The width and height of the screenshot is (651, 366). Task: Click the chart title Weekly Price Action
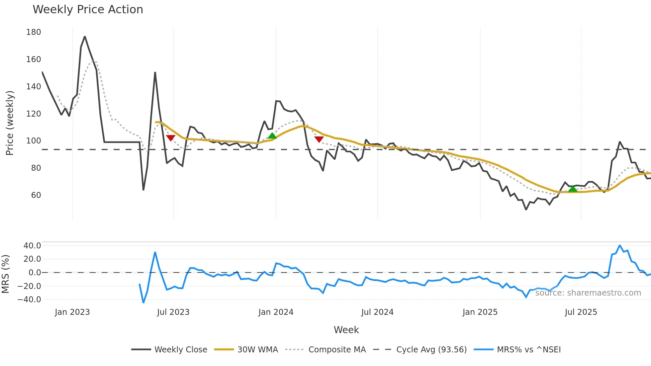pyautogui.click(x=88, y=10)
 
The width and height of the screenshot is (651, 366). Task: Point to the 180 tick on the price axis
pyautogui.click(x=34, y=32)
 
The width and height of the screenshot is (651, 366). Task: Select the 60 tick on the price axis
pyautogui.click(x=36, y=195)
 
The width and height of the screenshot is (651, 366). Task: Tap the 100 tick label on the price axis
pyautogui.click(x=34, y=141)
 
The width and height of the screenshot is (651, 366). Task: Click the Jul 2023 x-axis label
pyautogui.click(x=173, y=312)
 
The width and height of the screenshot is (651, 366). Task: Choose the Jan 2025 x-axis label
pyautogui.click(x=480, y=312)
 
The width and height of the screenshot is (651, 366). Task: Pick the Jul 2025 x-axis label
pyautogui.click(x=581, y=312)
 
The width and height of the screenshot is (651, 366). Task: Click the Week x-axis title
pyautogui.click(x=346, y=330)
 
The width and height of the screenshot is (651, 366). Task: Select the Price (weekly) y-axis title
pyautogui.click(x=10, y=123)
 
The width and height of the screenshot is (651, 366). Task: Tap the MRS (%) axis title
pyautogui.click(x=5, y=274)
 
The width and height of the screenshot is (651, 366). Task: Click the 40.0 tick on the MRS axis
pyautogui.click(x=32, y=246)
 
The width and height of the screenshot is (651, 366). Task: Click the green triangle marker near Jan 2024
pyautogui.click(x=272, y=136)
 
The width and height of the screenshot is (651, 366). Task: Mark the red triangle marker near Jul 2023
pyautogui.click(x=171, y=138)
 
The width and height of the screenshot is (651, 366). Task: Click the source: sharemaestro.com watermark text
pyautogui.click(x=588, y=293)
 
